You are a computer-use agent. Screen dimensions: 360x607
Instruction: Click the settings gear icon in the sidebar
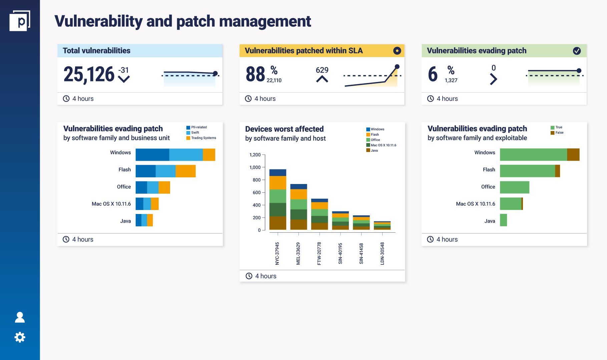(x=20, y=337)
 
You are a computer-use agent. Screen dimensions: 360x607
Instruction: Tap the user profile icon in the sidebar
(x=20, y=317)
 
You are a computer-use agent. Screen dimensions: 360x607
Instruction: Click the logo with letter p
(x=20, y=21)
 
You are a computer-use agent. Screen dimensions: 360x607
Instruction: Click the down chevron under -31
(x=124, y=79)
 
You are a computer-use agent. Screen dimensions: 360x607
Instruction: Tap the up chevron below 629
(x=322, y=79)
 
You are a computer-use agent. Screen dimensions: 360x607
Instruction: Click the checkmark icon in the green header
(x=577, y=51)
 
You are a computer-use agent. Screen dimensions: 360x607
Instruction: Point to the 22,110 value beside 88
(x=274, y=80)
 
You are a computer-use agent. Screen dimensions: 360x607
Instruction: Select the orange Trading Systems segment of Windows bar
(x=209, y=155)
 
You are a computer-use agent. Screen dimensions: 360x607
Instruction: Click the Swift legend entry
(x=195, y=133)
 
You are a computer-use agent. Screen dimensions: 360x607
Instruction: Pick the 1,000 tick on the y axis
(x=255, y=167)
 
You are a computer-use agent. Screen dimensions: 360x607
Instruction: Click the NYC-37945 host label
(x=277, y=253)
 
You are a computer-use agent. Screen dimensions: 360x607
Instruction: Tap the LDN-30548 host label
(x=382, y=253)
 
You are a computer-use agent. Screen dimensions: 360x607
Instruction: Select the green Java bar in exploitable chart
(x=503, y=220)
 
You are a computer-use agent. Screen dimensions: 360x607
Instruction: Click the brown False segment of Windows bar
(x=573, y=155)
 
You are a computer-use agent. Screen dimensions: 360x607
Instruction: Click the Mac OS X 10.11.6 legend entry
(x=383, y=145)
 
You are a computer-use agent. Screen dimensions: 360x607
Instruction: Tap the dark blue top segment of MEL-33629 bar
(x=298, y=187)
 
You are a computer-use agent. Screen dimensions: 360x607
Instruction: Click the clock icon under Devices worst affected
(x=249, y=276)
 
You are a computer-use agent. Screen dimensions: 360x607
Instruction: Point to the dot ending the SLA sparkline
(x=397, y=67)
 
